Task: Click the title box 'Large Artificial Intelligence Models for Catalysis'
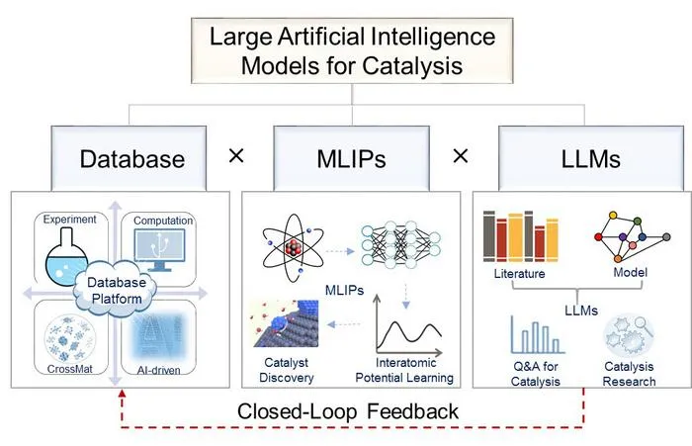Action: pos(352,50)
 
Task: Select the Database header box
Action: pos(129,158)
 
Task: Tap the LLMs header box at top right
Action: pos(591,158)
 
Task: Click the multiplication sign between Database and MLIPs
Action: pos(236,156)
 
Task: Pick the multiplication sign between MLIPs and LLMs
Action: pos(461,156)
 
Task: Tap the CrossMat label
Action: pos(70,369)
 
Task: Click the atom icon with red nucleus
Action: pos(293,248)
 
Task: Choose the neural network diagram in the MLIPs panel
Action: pos(400,244)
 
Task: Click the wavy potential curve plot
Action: pos(408,325)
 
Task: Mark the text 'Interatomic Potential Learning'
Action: pos(404,370)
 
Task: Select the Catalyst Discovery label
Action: pos(287,370)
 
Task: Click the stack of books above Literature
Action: pos(521,237)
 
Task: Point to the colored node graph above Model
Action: pos(632,237)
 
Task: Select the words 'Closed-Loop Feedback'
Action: pos(348,411)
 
